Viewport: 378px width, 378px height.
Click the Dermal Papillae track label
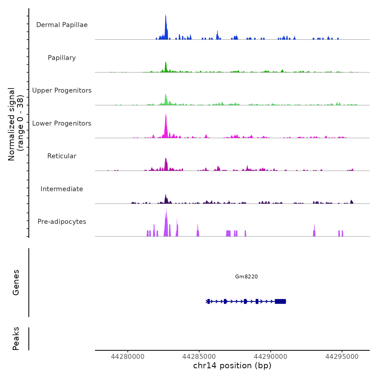62,25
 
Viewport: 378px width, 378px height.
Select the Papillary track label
62,58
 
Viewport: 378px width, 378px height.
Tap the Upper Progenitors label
62,90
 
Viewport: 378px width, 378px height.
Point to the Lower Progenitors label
62,123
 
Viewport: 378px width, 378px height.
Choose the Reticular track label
62,156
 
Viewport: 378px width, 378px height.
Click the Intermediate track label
62,189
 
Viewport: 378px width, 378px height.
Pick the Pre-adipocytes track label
62,222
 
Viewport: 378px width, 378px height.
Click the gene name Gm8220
246,276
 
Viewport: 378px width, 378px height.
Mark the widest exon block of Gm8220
280,301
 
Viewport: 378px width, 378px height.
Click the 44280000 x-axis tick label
128,357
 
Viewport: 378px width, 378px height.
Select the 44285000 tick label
199,357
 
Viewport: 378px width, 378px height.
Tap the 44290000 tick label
271,357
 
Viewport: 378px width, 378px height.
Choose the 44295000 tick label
342,357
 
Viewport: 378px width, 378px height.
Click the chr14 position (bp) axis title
232,366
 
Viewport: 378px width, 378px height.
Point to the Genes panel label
16,282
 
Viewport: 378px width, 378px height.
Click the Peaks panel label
16,339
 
